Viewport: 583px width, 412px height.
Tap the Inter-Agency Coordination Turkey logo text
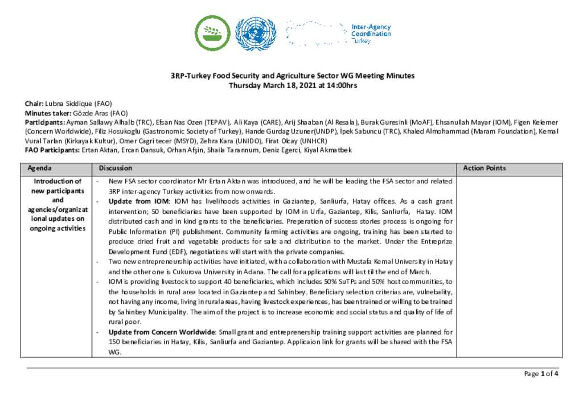click(371, 34)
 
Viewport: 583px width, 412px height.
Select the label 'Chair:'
click(34, 104)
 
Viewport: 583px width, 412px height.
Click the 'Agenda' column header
click(39, 168)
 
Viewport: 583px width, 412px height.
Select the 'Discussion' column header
click(116, 168)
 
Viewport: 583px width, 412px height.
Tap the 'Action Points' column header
click(484, 168)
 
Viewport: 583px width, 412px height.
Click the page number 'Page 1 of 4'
click(541, 374)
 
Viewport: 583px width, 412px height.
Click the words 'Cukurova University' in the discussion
click(189, 271)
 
